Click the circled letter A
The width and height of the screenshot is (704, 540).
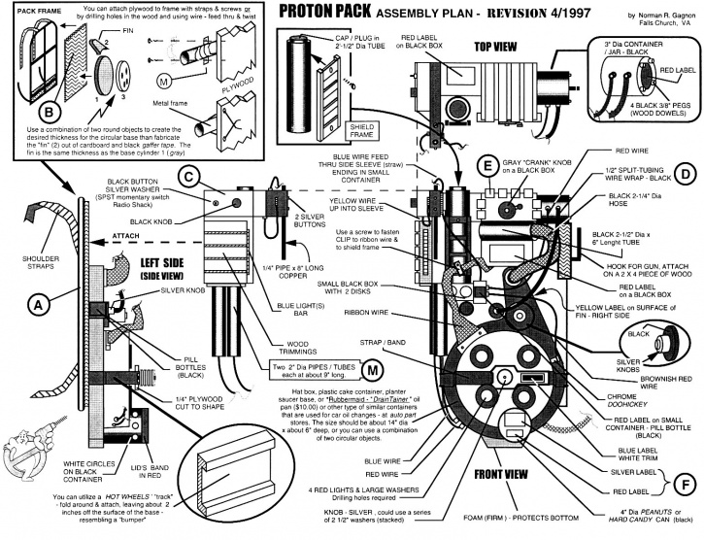click(x=39, y=305)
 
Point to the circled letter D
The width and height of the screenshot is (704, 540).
click(x=686, y=175)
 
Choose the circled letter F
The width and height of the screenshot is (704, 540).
click(x=685, y=482)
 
